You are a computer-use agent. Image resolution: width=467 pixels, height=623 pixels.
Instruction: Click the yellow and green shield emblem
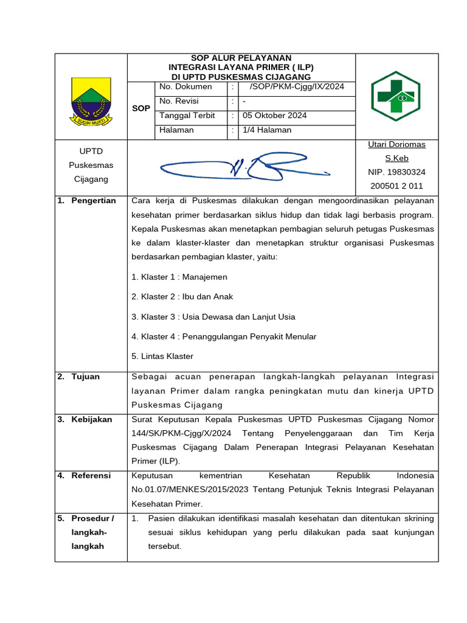pos(91,101)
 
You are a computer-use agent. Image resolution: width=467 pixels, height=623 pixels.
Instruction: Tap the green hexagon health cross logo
pos(396,96)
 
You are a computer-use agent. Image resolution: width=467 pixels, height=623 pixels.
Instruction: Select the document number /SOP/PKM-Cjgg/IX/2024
pos(292,87)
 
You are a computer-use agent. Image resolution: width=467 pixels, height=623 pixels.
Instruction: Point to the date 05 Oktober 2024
pos(274,116)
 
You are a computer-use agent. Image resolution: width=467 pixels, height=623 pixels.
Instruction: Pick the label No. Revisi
pos(179,101)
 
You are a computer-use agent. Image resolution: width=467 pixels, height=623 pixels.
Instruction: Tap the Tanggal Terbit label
pos(187,116)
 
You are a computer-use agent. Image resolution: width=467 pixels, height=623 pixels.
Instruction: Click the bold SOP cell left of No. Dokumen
pos(140,108)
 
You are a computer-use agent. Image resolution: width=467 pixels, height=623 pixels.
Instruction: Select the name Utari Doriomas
pos(396,145)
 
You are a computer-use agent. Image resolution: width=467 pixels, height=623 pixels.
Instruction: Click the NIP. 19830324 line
pos(396,172)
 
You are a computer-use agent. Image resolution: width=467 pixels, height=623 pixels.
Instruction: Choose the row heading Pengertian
pos(93,201)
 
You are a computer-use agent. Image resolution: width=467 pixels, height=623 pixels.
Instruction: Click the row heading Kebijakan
pos(91,419)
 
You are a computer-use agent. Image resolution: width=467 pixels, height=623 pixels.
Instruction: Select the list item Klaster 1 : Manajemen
pos(179,277)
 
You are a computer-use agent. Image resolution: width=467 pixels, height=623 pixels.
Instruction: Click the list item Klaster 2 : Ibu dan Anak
pos(182,297)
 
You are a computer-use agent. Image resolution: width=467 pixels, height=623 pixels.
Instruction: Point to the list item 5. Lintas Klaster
pos(162,357)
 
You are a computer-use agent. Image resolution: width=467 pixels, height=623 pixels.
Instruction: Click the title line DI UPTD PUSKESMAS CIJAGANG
pos(241,77)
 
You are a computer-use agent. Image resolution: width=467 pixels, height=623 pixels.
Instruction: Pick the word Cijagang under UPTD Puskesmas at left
pos(91,179)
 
